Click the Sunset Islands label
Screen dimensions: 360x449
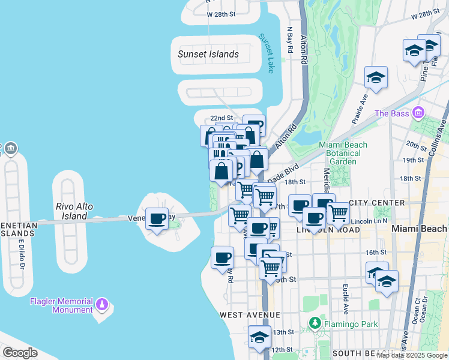pos(208,54)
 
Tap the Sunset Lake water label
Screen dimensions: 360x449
pos(265,53)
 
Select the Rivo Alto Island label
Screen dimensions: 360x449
pos(74,211)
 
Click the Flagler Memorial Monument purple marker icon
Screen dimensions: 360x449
pos(101,305)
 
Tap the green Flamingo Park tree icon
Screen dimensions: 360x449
pos(314,324)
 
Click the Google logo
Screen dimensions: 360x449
pos(20,353)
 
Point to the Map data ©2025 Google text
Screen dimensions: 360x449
pos(412,355)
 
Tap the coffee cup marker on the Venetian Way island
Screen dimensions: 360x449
pos(157,220)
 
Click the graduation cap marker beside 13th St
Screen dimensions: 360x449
pos(259,337)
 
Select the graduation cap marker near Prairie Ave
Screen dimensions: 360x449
pos(376,78)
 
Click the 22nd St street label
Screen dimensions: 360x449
pos(221,118)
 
